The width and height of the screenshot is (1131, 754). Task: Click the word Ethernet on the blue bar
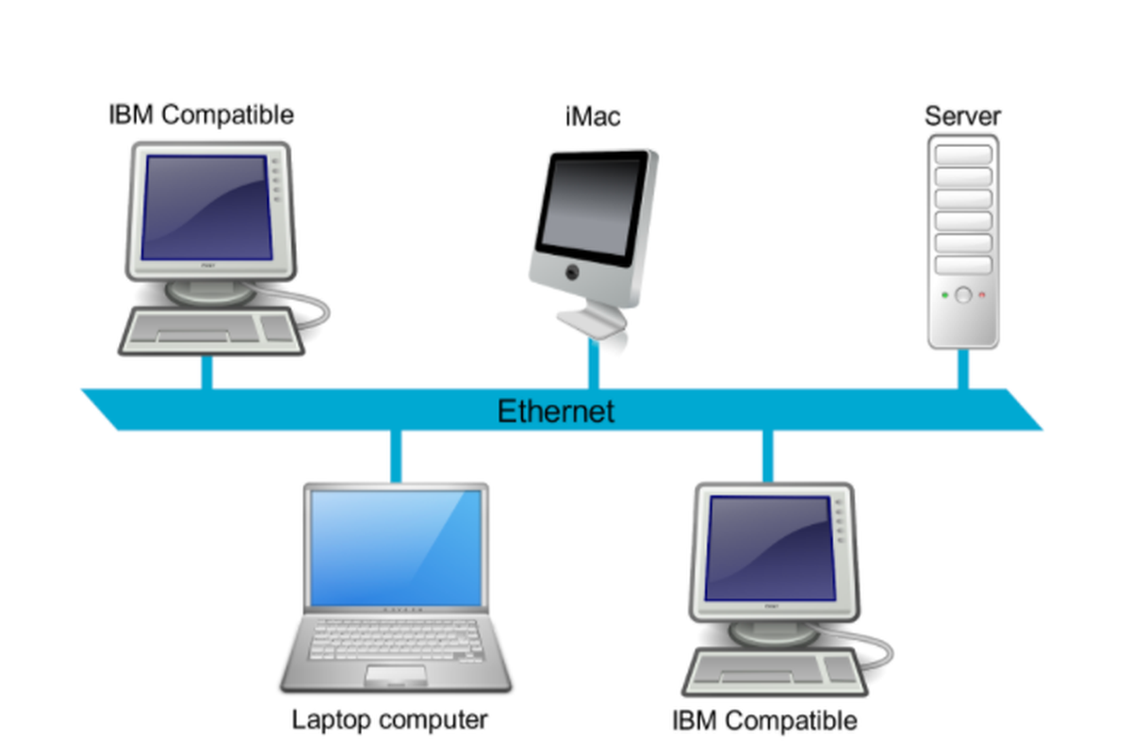(556, 411)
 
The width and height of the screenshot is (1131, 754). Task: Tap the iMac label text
(593, 117)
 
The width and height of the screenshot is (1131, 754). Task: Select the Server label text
(962, 116)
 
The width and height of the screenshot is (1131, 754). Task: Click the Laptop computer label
(390, 720)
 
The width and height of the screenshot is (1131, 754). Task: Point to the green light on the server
(945, 295)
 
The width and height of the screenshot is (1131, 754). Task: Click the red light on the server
(982, 294)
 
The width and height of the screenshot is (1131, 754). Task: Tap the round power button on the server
(963, 295)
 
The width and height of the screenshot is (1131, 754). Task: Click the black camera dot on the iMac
(572, 272)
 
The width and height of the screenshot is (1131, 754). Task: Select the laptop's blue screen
(396, 548)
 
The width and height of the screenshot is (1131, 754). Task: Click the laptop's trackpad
(396, 675)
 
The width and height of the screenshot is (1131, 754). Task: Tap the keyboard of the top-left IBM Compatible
(211, 332)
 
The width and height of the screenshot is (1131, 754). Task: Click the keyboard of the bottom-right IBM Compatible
(775, 672)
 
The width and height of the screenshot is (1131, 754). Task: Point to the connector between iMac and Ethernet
(594, 364)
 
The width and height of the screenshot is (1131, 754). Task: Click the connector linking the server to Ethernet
(963, 369)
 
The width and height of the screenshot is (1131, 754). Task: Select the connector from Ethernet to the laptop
(396, 456)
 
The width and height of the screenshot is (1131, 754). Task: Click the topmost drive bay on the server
(963, 155)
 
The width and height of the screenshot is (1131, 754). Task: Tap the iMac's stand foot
(592, 321)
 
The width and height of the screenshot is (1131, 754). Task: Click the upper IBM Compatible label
(201, 115)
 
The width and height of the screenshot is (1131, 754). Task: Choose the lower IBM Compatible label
(764, 721)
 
